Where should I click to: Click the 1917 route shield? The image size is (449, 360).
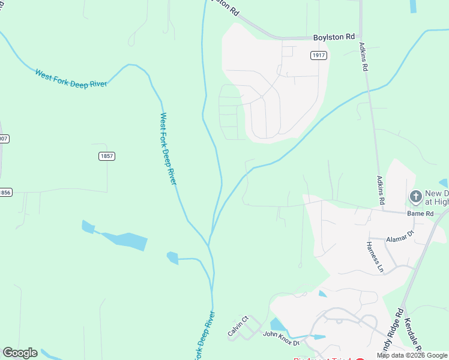pyautogui.click(x=319, y=55)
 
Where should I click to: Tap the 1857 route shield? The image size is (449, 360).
pyautogui.click(x=107, y=156)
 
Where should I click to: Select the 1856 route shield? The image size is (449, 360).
pyautogui.click(x=4, y=193)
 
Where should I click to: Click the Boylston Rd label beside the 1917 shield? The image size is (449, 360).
pyautogui.click(x=334, y=37)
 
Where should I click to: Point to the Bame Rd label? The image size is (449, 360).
pyautogui.click(x=421, y=214)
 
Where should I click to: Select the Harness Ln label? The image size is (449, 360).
pyautogui.click(x=375, y=257)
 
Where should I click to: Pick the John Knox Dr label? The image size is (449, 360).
pyautogui.click(x=280, y=334)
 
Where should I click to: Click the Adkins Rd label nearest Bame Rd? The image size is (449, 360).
pyautogui.click(x=380, y=189)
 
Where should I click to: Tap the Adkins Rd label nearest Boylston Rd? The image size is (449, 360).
pyautogui.click(x=363, y=56)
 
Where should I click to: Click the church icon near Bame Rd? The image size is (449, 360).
pyautogui.click(x=415, y=196)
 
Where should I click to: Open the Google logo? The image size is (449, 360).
pyautogui.click(x=20, y=353)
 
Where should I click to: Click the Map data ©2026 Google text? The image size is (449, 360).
pyautogui.click(x=412, y=355)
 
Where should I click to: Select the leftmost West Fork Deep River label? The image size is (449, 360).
pyautogui.click(x=71, y=79)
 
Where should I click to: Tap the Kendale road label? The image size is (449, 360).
pyautogui.click(x=414, y=336)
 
